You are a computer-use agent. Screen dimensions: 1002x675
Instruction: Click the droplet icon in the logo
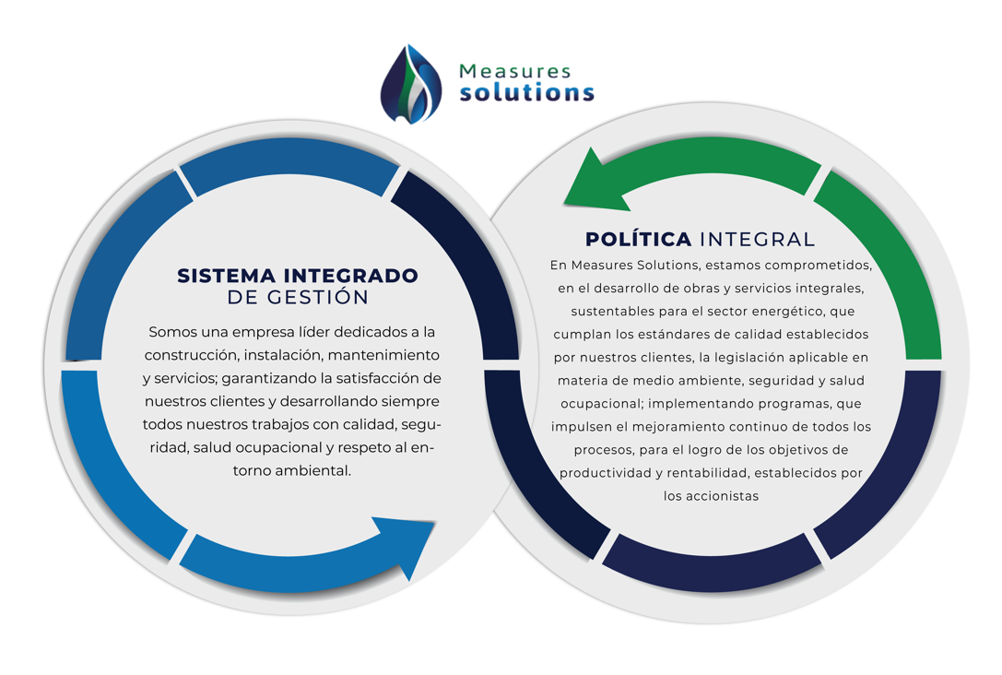click(411, 84)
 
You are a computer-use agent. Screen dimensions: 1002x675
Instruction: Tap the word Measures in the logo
click(515, 71)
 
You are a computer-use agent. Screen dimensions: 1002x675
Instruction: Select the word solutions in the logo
click(527, 93)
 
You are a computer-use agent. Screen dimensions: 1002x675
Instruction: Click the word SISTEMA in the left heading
click(226, 276)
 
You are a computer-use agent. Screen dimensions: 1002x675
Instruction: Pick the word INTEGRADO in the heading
click(351, 276)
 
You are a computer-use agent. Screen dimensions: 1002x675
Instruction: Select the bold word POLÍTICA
click(639, 239)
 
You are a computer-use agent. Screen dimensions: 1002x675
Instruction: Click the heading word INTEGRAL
click(757, 240)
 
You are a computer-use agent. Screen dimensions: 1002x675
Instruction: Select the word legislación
click(737, 357)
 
